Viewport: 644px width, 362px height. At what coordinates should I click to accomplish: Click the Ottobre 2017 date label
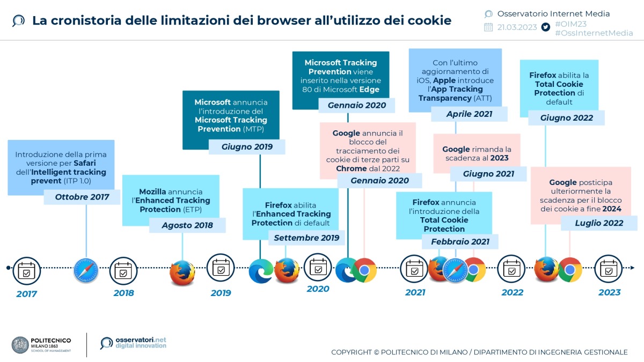tap(82, 197)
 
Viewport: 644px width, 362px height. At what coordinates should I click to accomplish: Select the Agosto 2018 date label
tap(187, 225)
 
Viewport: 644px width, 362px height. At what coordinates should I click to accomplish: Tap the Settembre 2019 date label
tap(306, 238)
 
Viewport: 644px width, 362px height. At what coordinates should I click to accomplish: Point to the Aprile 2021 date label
tap(470, 114)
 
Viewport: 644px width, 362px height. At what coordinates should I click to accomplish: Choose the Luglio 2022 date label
tap(599, 223)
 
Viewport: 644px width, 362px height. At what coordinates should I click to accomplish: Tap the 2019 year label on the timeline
tap(221, 293)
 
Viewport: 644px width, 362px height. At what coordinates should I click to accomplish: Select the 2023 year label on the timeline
tap(609, 292)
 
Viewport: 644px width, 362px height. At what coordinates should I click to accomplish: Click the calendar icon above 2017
tap(26, 271)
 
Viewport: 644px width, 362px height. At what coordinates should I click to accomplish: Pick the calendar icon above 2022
tap(511, 269)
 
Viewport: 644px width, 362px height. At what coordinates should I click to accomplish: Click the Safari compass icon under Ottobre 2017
tap(86, 271)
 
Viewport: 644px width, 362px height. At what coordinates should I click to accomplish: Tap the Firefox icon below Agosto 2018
tap(182, 272)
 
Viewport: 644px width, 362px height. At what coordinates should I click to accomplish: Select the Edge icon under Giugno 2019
tap(261, 271)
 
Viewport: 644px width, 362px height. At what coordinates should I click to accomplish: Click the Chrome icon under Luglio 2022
tap(570, 270)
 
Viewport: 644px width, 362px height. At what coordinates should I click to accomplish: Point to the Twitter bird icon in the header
tap(546, 27)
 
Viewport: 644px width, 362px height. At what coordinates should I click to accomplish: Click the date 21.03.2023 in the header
tap(517, 27)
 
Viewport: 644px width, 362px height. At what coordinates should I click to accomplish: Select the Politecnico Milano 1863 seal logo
tap(20, 345)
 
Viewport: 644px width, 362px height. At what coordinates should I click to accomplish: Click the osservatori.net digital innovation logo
tap(134, 343)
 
